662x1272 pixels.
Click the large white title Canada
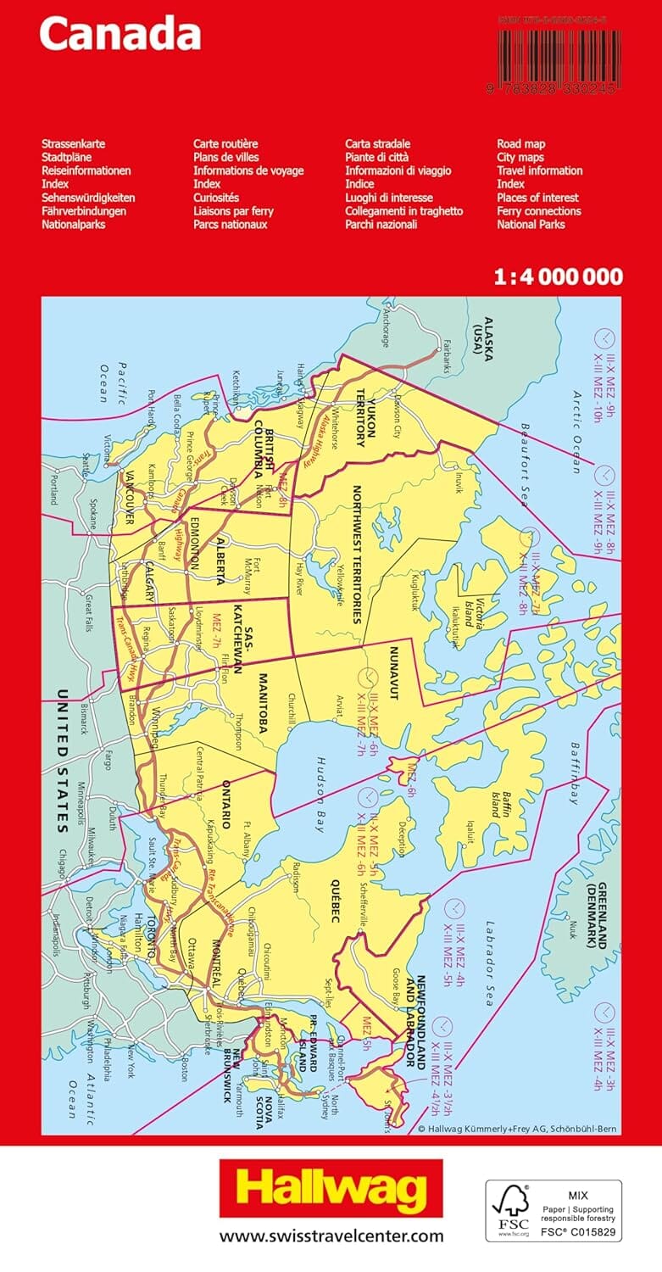tap(120, 35)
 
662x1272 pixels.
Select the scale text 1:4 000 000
tap(557, 276)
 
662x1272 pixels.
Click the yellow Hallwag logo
tap(331, 1190)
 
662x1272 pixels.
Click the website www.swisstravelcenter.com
tap(331, 1236)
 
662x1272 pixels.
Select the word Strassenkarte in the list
tap(73, 144)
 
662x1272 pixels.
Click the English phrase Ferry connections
tap(538, 211)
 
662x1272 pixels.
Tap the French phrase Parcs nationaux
tap(230, 225)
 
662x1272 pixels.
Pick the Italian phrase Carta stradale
tap(377, 144)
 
